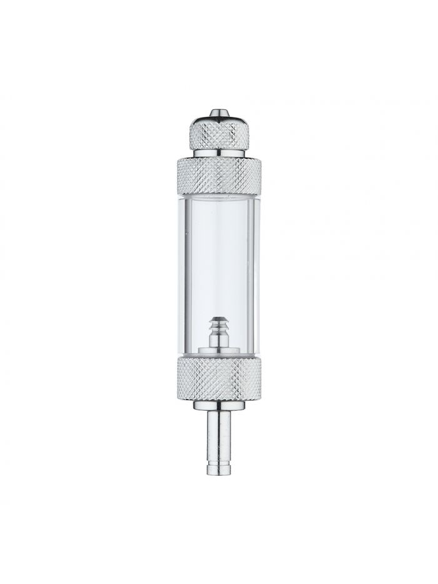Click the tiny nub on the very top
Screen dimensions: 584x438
218,112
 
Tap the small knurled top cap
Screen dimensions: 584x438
218,134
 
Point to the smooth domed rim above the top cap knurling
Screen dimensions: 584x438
218,118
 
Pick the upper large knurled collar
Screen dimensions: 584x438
218,173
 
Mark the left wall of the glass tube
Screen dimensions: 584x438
182,269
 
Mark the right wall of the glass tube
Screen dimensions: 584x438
255,269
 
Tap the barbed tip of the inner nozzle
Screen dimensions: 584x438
218,322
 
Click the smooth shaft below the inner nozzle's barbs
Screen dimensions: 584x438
218,341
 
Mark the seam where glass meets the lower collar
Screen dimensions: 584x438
218,357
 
